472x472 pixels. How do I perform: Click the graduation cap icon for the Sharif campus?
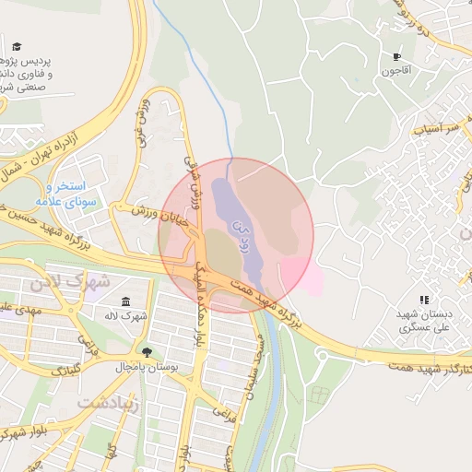point(18,46)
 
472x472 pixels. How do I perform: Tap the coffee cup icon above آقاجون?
point(396,56)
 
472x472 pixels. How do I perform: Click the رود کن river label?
point(237,222)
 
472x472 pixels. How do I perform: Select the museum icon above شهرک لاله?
point(126,302)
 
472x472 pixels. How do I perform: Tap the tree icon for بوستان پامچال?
point(146,351)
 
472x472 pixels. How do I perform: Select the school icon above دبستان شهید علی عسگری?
point(424,300)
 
